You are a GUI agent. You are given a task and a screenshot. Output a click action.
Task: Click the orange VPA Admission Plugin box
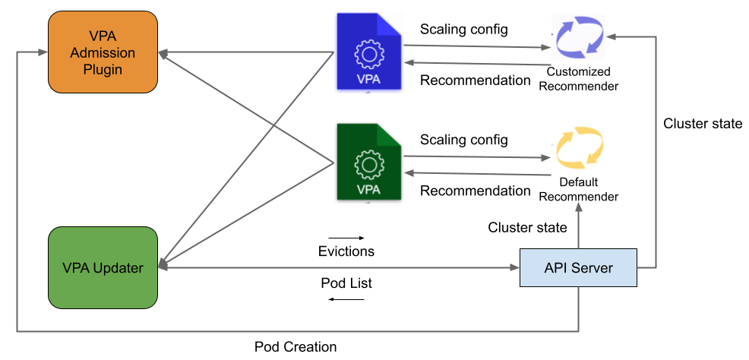103,52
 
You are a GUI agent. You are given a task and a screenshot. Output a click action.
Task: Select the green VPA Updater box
103,267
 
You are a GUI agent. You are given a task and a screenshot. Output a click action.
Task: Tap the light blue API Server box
578,267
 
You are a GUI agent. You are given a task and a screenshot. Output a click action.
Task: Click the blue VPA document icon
369,52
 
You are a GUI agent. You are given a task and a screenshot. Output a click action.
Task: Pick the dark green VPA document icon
369,163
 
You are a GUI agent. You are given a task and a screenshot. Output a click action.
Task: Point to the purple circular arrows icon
578,36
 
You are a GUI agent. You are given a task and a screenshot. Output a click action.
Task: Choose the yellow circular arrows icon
578,147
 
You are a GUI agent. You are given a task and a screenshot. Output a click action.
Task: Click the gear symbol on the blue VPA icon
369,54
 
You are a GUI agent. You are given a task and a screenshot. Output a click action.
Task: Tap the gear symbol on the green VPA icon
369,165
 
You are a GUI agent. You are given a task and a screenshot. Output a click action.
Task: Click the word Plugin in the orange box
103,69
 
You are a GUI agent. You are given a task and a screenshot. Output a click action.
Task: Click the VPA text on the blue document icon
369,79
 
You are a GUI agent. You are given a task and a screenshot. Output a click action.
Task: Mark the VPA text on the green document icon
369,189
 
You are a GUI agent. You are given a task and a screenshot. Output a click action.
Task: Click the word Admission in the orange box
103,53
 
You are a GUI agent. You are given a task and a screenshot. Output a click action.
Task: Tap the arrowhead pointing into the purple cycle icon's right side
611,36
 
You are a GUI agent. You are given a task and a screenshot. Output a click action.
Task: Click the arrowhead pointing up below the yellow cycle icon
579,207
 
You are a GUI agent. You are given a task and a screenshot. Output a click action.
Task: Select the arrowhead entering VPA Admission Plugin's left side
44,52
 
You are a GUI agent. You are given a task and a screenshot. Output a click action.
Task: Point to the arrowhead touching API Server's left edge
515,267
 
